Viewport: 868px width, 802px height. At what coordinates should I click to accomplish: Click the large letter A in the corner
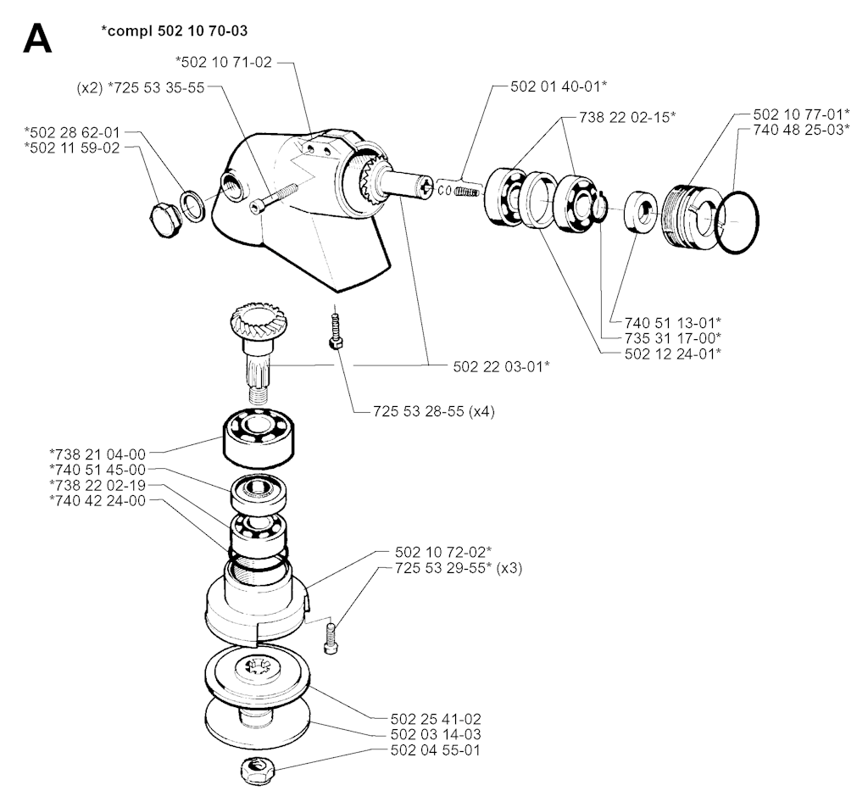(37, 39)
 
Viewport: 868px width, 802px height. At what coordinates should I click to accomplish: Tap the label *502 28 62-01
(72, 132)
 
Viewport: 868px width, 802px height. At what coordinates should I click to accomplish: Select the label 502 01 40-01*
(559, 86)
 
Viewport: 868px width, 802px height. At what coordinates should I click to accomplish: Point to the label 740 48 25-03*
(802, 130)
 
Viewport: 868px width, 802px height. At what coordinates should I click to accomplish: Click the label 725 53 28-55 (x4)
(434, 411)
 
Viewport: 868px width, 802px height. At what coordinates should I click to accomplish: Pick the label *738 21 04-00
(97, 454)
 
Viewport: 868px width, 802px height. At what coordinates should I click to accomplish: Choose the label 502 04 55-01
(436, 750)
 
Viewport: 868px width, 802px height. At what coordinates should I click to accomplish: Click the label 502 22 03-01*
(502, 366)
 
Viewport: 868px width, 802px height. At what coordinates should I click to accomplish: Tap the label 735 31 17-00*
(673, 337)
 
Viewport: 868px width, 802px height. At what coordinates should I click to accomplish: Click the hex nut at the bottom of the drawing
(254, 771)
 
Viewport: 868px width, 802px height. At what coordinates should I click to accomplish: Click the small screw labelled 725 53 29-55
(330, 638)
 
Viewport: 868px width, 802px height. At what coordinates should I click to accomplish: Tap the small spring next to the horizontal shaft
(467, 191)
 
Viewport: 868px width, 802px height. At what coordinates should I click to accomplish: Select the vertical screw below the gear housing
(334, 331)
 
